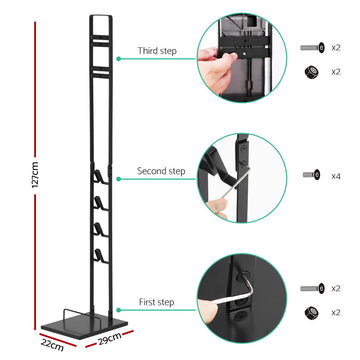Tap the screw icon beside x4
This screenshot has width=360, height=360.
click(311, 174)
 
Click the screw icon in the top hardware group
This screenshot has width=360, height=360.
click(310, 47)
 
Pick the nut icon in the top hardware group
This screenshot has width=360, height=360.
click(310, 73)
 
